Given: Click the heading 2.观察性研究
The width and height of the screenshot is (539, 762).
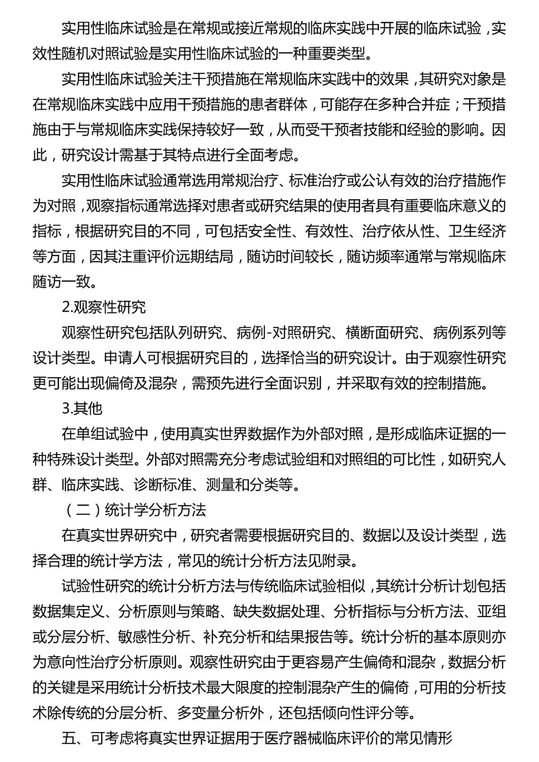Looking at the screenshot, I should pos(103,307).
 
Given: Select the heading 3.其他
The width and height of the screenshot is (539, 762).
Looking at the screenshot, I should pos(82,408).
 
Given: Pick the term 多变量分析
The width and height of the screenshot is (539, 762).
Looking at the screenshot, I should pos(220,713).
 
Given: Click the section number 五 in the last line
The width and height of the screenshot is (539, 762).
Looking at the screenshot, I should pos(68,738).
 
